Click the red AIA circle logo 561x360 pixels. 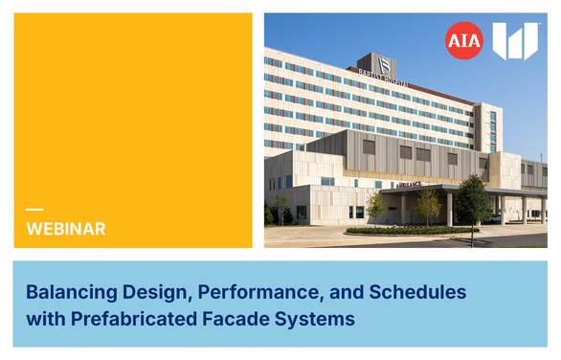tap(463, 41)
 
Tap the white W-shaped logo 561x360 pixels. tap(514, 41)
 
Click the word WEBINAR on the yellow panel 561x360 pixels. tap(66, 229)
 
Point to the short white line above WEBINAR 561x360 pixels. tap(34, 210)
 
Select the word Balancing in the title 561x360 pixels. tap(66, 290)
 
